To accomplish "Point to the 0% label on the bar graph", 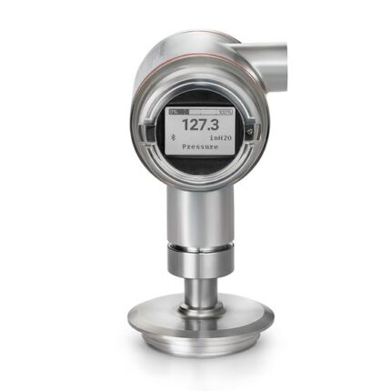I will pyautogui.click(x=175, y=109).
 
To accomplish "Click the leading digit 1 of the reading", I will pyautogui.click(x=184, y=123).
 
